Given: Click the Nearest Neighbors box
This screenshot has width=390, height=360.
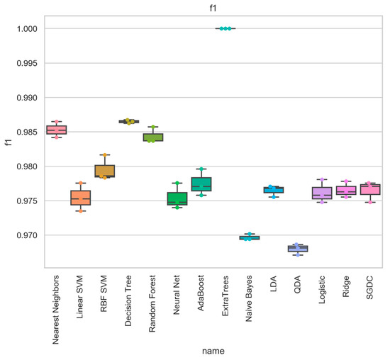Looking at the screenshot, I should click(x=56, y=130).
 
